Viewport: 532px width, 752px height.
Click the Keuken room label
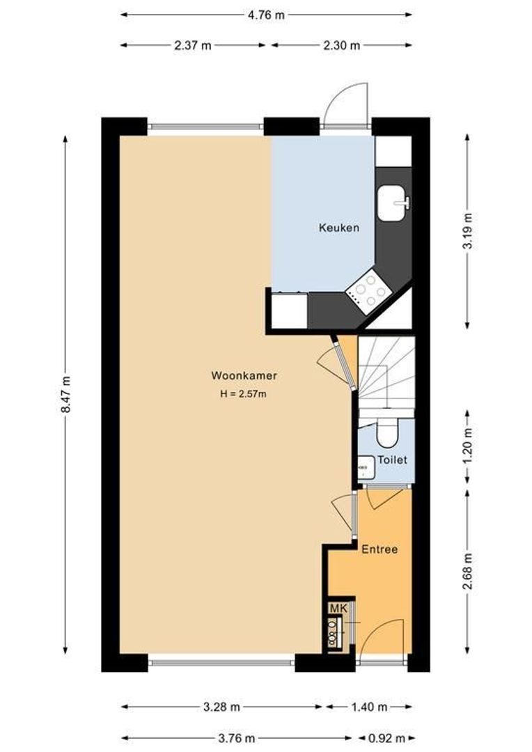pos(339,228)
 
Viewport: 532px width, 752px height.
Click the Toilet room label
pos(392,460)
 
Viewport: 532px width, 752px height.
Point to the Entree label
pos(380,549)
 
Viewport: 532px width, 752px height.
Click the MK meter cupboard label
pos(338,609)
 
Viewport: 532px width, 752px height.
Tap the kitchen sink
pos(393,203)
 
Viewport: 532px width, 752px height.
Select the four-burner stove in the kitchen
pos(368,290)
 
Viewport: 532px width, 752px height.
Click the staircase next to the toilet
pos(386,376)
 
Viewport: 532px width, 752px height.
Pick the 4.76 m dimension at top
pos(266,14)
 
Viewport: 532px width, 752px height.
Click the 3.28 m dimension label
pos(221,707)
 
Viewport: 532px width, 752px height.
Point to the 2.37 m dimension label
pos(193,45)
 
